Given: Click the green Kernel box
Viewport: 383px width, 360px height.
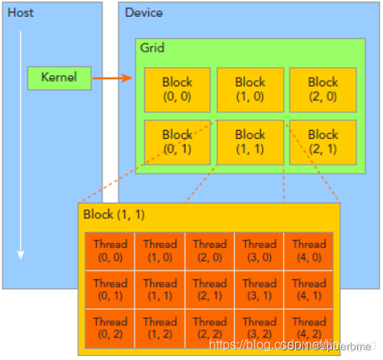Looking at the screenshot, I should [60, 77].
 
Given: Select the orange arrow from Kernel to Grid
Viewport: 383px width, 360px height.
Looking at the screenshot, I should [112, 78].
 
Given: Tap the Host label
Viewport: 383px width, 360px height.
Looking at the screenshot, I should [20, 13].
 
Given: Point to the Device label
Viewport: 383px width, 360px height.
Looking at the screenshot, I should [144, 13].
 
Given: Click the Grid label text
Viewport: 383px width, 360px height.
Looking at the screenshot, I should [152, 48].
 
